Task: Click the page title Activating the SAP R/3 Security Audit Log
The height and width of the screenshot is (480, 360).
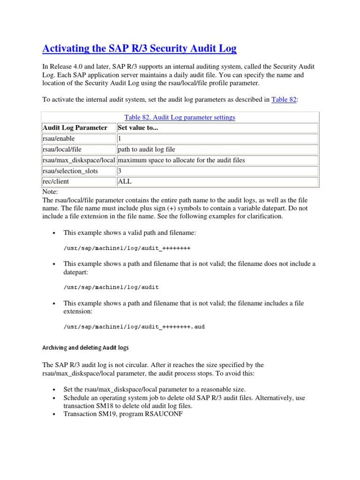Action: point(139,48)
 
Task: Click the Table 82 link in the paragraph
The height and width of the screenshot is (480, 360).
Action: point(284,99)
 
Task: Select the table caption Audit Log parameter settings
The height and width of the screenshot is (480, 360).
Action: point(180,117)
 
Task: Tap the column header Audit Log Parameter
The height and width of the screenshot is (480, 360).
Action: point(75,127)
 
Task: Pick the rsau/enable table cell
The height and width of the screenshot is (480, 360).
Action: point(59,138)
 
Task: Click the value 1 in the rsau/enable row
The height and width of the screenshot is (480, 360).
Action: point(120,138)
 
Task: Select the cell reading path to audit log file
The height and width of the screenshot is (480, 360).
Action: point(147,149)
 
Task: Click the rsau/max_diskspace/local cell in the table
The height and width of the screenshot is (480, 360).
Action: point(79,160)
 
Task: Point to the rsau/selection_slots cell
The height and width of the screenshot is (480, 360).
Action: point(70,171)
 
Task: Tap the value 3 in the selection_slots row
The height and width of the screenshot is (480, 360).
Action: point(120,171)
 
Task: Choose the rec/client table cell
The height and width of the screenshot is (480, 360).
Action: point(55,181)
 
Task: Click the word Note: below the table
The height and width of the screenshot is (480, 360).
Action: point(50,192)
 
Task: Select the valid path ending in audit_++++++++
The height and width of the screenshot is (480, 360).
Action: point(127,248)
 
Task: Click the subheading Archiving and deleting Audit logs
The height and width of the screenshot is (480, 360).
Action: point(86,348)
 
